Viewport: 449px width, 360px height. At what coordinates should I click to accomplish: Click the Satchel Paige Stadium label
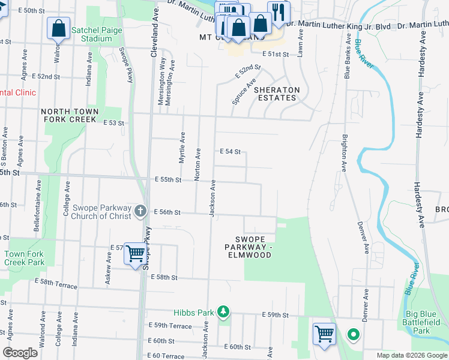[x=96, y=34]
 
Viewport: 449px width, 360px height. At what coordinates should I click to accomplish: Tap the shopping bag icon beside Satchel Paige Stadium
[x=58, y=28]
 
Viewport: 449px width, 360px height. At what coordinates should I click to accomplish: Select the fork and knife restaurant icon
[x=278, y=12]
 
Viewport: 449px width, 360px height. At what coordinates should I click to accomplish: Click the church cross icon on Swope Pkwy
[x=140, y=210]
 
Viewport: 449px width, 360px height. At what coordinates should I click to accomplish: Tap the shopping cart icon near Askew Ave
[x=136, y=254]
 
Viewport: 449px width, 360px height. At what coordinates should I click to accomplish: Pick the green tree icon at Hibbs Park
[x=223, y=311]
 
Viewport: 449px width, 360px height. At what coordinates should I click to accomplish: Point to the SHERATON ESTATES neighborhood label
[x=276, y=94]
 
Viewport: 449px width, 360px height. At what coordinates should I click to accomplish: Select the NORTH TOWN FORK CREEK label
[x=68, y=115]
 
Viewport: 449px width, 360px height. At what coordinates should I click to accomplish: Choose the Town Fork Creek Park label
[x=25, y=258]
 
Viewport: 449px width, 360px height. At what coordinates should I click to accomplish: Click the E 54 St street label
[x=230, y=152]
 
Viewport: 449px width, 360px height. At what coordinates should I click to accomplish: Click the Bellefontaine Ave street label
[x=38, y=206]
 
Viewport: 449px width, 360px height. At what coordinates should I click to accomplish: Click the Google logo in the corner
[x=20, y=352]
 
